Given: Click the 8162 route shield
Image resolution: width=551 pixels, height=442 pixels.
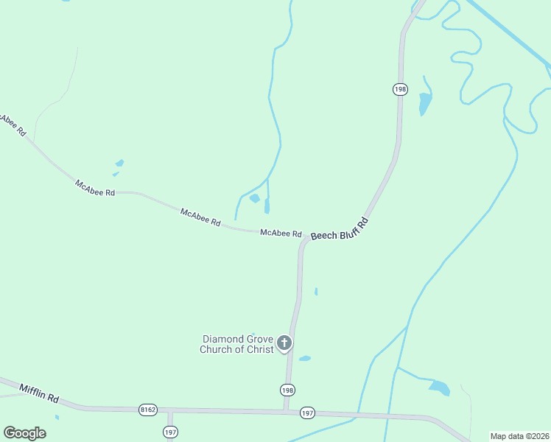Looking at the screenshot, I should point(147,409).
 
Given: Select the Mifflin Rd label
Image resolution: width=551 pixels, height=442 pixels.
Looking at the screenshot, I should point(39,393).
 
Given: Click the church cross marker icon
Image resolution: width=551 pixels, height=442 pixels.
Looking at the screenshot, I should point(284,343).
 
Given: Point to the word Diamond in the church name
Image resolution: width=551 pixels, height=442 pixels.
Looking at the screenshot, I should point(221,339).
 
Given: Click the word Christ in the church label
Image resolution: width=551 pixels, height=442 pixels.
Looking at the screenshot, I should point(259,349).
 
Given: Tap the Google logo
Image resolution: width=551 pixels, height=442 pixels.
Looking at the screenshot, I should point(24,432).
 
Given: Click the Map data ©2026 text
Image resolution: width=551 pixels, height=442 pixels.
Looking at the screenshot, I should point(519,436).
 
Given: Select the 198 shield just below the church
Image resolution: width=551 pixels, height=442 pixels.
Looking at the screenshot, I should point(287,389).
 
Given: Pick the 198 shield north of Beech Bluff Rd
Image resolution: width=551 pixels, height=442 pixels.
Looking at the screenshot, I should point(399,89).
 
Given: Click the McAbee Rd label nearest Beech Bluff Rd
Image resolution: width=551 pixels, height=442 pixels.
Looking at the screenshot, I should point(281,234).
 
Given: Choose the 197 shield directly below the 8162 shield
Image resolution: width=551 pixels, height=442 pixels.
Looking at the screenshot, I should point(170,432).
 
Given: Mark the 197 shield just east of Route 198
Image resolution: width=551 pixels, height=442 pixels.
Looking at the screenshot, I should point(308,414).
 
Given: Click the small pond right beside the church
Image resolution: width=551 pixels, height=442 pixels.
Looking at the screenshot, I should point(305,359).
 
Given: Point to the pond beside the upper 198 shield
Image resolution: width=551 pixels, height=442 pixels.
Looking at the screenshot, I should point(424,104).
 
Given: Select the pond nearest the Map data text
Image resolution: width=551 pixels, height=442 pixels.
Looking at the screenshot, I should point(439,387).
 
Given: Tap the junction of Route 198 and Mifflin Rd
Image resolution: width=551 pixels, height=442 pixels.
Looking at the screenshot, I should point(286,410).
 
